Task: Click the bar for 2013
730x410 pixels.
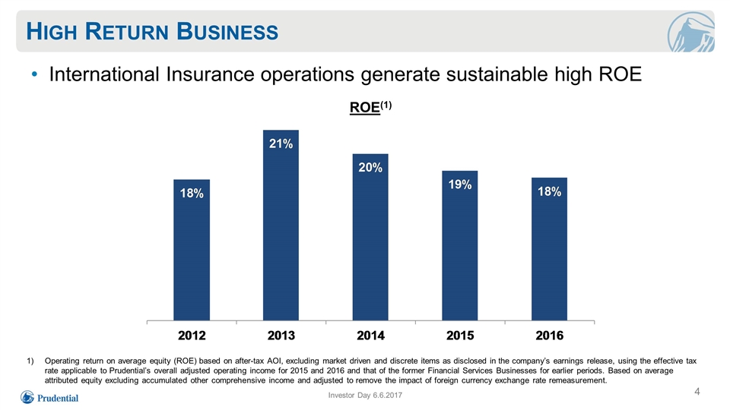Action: [281, 225]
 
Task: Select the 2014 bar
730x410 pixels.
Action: [370, 237]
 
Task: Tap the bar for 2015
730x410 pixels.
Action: [460, 245]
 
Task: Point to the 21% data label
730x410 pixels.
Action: [281, 143]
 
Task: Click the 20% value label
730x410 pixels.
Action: [370, 167]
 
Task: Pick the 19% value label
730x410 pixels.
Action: [460, 184]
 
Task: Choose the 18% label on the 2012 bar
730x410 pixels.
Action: [192, 193]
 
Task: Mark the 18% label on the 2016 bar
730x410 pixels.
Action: [549, 191]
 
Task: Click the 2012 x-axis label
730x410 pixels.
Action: [192, 335]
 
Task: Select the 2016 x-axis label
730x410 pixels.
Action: [549, 335]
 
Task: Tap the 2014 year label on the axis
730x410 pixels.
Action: [370, 335]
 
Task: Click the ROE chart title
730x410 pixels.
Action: [370, 107]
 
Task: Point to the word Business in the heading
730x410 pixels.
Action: [227, 32]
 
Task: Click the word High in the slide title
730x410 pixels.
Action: [51, 32]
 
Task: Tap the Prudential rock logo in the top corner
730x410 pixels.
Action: [690, 32]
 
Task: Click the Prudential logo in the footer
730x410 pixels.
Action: [49, 397]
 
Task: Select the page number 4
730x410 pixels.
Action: [697, 392]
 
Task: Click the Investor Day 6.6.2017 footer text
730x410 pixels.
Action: [365, 395]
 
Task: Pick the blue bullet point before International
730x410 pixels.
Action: [34, 74]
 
